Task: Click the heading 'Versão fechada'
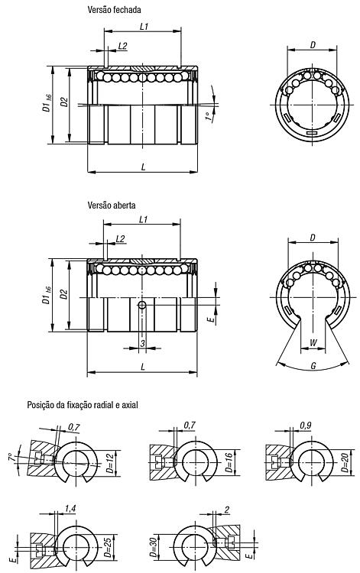click(x=114, y=10)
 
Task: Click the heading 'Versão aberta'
click(x=112, y=205)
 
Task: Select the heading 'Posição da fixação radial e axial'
click(x=83, y=405)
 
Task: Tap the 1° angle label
click(x=209, y=117)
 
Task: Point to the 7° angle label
click(x=11, y=457)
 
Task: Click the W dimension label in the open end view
click(x=313, y=343)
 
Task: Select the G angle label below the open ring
click(x=313, y=365)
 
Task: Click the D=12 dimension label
click(x=109, y=464)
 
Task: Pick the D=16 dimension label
click(x=229, y=463)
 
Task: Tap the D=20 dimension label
click(x=345, y=462)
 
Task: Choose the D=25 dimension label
click(x=108, y=547)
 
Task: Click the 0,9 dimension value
click(x=305, y=426)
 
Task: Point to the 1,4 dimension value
click(x=70, y=508)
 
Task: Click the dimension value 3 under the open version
click(x=142, y=343)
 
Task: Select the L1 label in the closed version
click(x=144, y=26)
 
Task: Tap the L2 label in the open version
click(x=120, y=239)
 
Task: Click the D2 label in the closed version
click(x=64, y=102)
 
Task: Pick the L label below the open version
click(x=142, y=367)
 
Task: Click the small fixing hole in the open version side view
click(x=142, y=305)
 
